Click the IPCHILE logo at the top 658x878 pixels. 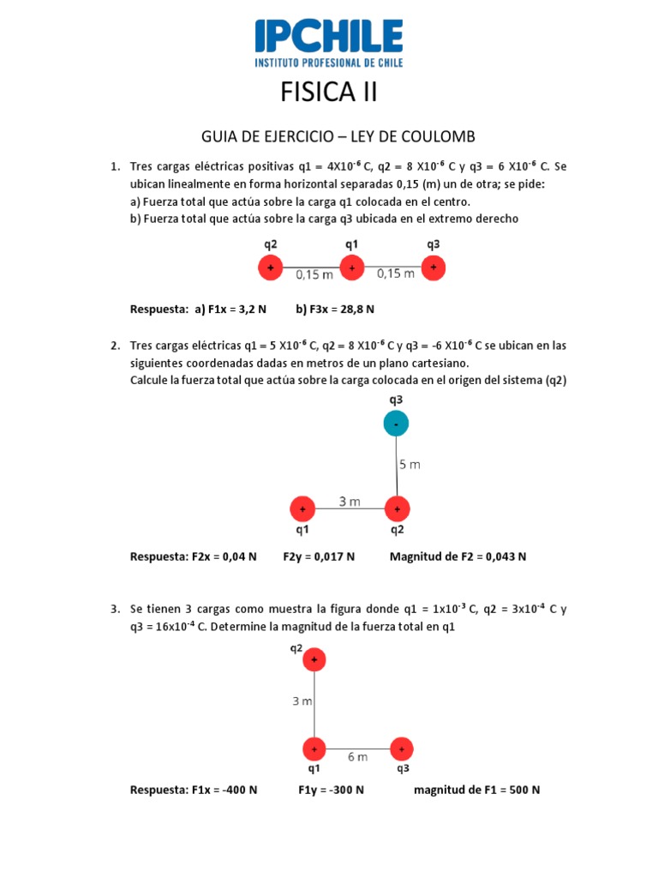tap(328, 42)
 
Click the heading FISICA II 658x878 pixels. tap(328, 92)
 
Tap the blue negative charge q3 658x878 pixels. tap(396, 423)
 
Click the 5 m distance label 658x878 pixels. tap(410, 465)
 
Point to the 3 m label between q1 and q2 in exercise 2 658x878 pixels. tap(349, 502)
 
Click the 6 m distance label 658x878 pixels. tap(357, 757)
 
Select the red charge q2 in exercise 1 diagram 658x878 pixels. tap(271, 268)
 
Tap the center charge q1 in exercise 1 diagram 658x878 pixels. tap(351, 268)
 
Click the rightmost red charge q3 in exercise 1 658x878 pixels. tap(434, 268)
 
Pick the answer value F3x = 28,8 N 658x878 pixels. tap(335, 309)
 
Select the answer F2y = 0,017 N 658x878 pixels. tap(319, 556)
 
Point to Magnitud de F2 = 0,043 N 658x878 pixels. tap(458, 556)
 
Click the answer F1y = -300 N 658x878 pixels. tap(331, 790)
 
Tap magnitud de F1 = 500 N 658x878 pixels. tap(476, 790)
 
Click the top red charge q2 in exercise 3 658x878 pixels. tap(314, 659)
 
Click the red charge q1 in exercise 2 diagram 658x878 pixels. tap(302, 509)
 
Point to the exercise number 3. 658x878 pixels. tap(114, 609)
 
